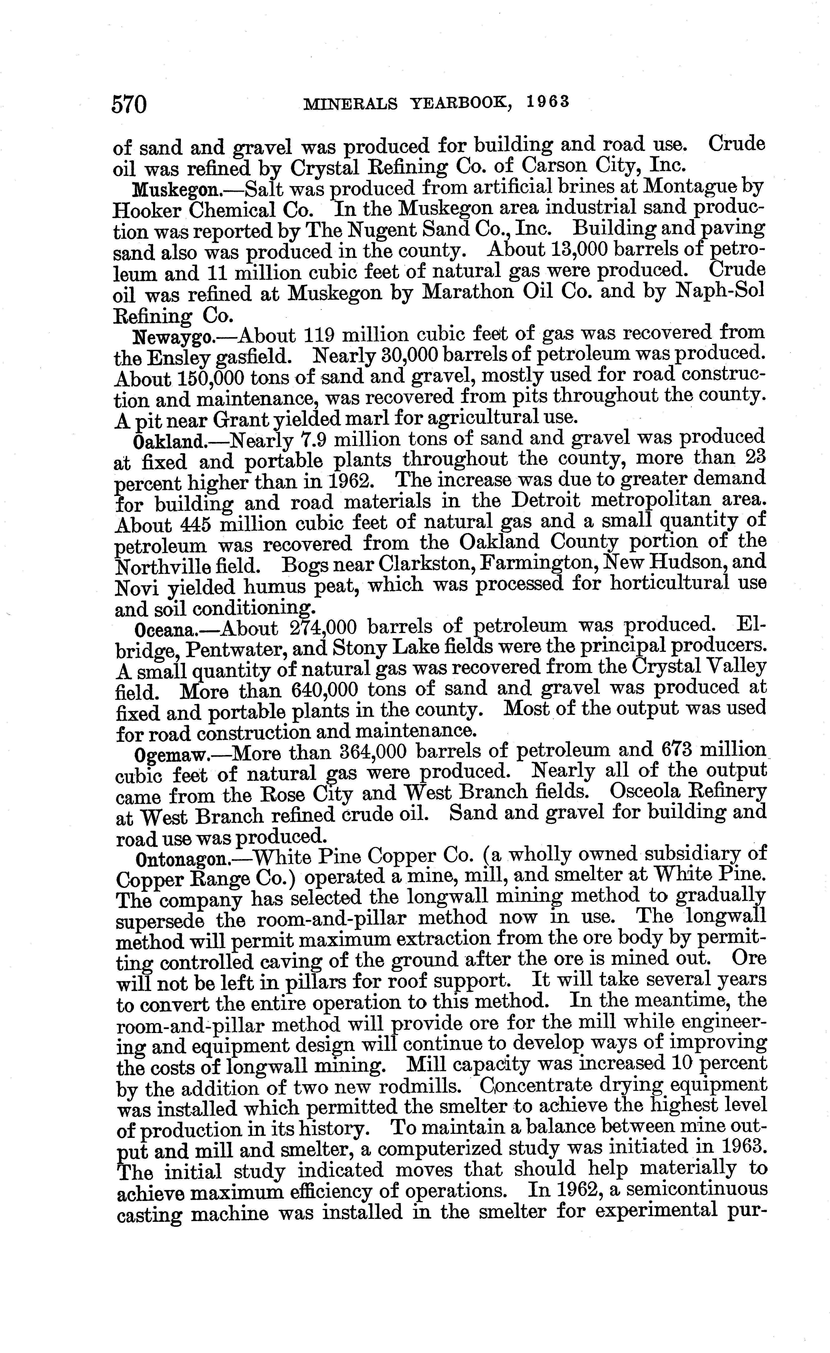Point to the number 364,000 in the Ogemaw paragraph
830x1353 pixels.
pyautogui.click(x=367, y=752)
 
